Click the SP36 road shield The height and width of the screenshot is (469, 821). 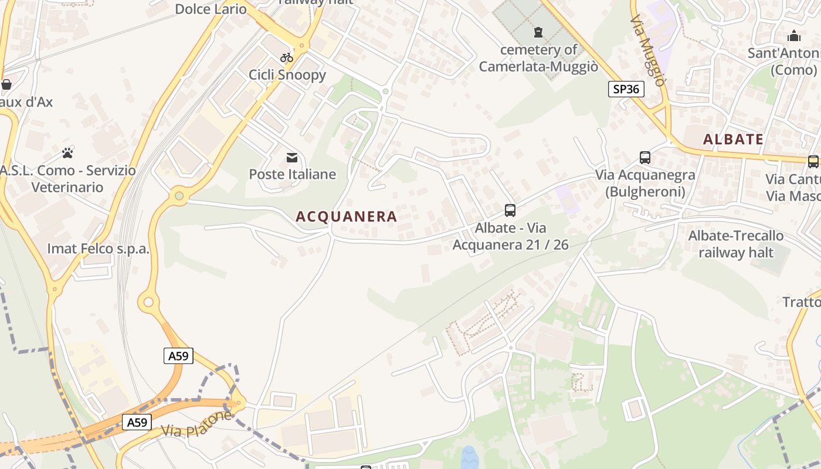click(626, 89)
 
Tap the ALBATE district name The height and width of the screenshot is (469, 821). click(733, 140)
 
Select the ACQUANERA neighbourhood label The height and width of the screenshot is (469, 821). click(347, 216)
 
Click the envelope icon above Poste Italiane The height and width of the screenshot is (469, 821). click(291, 157)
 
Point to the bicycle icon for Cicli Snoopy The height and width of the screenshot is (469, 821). click(287, 57)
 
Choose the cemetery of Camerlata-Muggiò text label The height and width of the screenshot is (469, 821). click(538, 58)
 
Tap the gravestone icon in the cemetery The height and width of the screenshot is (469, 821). click(538, 32)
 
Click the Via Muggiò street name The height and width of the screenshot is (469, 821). click(648, 50)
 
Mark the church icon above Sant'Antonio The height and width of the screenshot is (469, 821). click(794, 36)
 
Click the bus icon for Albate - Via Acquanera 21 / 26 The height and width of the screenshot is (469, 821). click(510, 210)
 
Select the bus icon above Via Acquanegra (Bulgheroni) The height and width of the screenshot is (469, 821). click(645, 157)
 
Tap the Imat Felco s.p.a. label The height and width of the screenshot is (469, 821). click(99, 249)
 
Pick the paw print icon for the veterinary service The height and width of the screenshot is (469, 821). click(68, 153)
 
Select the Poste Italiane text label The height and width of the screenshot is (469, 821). click(293, 174)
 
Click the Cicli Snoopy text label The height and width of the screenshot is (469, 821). click(287, 74)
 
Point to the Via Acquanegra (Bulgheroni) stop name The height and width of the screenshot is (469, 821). click(645, 183)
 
